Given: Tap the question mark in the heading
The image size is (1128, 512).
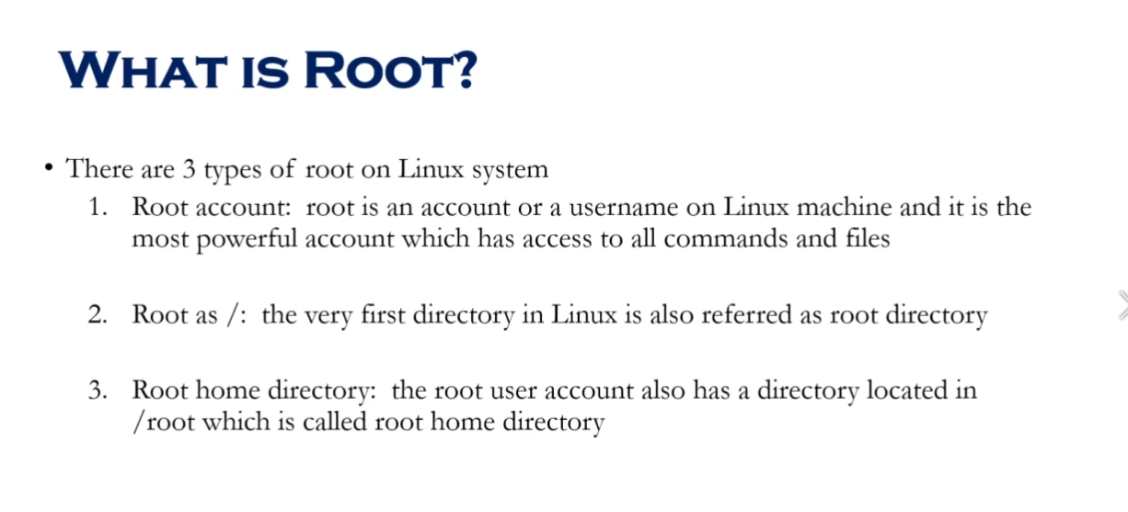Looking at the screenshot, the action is coord(462,71).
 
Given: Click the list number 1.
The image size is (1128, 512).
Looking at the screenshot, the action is coord(98,207).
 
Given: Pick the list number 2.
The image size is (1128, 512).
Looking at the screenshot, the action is coord(98,315).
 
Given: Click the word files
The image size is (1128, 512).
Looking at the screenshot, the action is coord(866,239).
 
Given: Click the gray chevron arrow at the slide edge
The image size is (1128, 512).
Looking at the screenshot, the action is coord(1122,304).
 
